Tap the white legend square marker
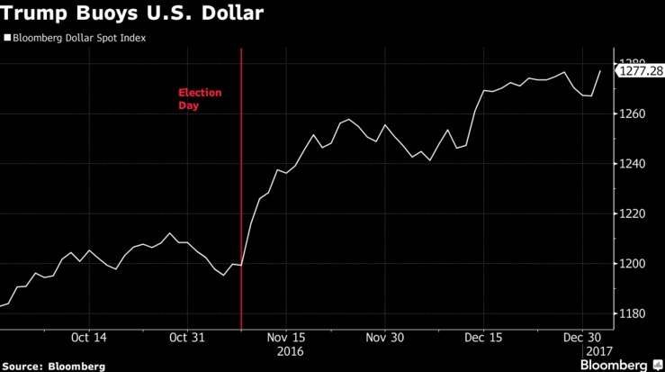[6, 39]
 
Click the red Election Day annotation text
[199, 99]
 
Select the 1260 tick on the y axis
[633, 114]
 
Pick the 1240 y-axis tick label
[633, 164]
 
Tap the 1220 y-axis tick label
[633, 214]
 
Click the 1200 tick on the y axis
[633, 264]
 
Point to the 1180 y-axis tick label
[633, 313]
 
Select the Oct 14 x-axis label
[88, 337]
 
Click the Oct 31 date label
[187, 337]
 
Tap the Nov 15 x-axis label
[287, 337]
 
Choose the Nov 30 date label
[384, 337]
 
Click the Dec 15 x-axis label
[483, 337]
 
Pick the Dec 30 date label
[582, 337]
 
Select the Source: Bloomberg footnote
[53, 366]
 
